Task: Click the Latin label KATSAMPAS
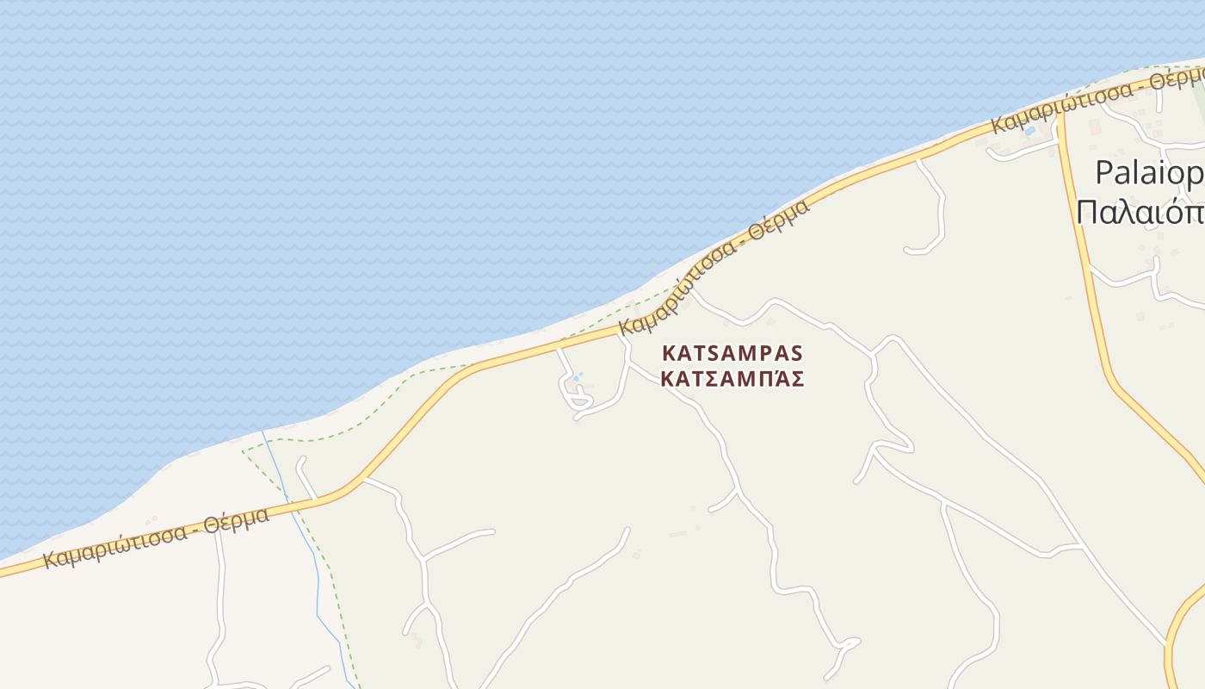pyautogui.click(x=732, y=353)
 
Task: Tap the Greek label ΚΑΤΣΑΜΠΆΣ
pyautogui.click(x=732, y=379)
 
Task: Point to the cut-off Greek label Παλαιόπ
pyautogui.click(x=1140, y=210)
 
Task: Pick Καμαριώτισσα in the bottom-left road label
pyautogui.click(x=114, y=544)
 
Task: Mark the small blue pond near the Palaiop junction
pyautogui.click(x=1029, y=132)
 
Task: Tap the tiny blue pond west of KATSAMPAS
pyautogui.click(x=577, y=377)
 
